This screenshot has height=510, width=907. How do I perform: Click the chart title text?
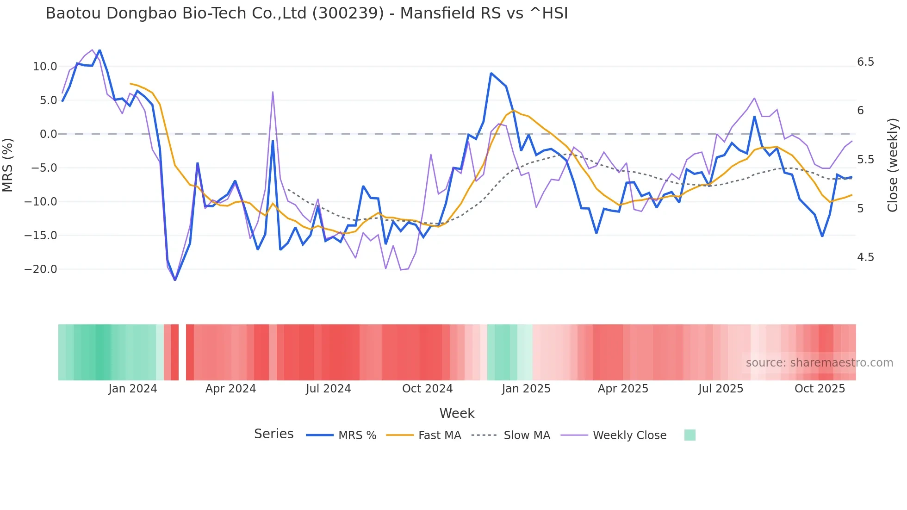306,13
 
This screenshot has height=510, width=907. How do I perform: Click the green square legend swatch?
690,435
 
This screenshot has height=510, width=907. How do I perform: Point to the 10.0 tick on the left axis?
45,67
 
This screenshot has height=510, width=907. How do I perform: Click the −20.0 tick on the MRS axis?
41,269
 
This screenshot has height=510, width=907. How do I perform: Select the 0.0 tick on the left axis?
48,134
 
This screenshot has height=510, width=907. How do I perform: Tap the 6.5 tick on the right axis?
865,62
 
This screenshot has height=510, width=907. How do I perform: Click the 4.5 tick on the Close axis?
865,257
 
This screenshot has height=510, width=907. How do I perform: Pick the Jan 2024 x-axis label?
133,389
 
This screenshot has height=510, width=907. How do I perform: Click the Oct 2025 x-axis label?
820,389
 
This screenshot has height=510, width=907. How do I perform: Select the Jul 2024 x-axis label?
328,389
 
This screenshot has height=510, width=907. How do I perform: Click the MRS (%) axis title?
8,165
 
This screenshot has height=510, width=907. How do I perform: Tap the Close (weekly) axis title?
893,165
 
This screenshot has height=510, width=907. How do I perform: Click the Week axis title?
457,413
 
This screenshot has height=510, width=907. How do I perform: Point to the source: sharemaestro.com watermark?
819,363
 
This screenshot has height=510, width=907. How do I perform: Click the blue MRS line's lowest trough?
175,280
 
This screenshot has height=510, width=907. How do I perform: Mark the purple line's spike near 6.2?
273,92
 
